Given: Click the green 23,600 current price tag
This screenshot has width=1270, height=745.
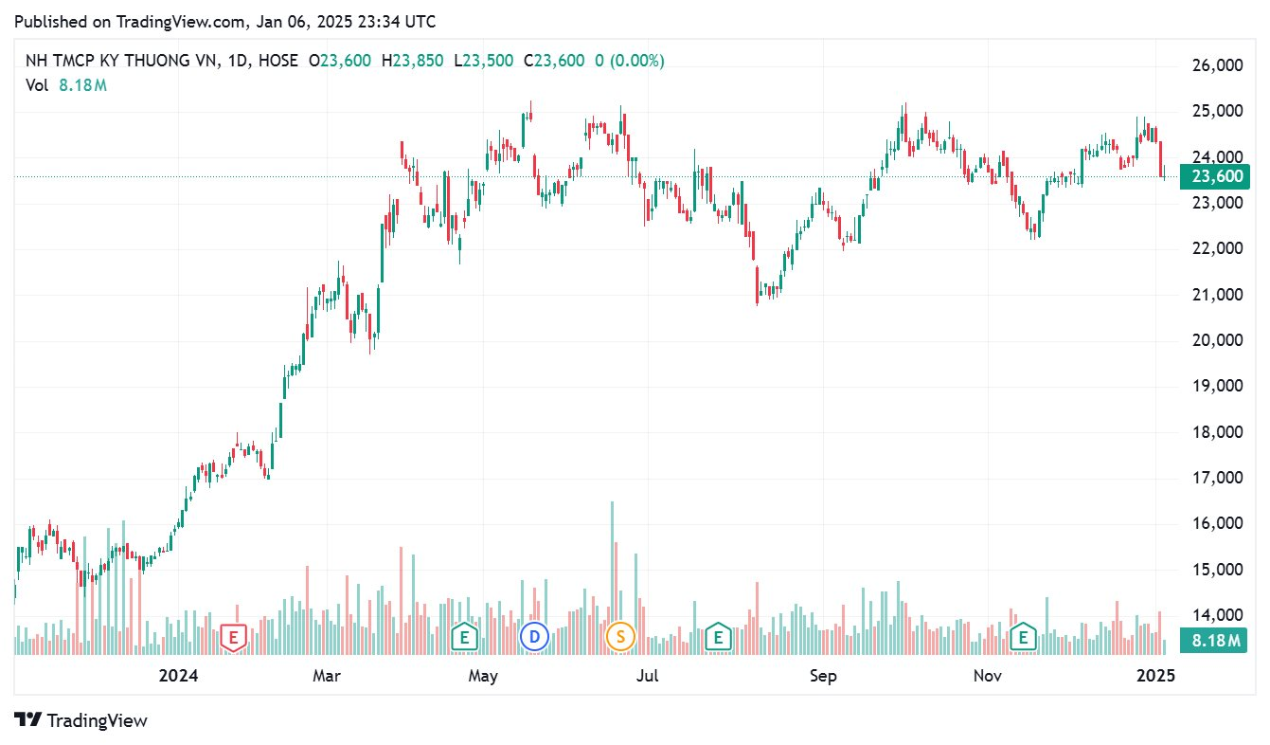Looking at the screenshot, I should [1214, 176].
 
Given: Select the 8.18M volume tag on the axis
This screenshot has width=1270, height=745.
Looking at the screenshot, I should [1214, 642].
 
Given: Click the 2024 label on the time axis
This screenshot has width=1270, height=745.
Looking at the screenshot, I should [178, 676].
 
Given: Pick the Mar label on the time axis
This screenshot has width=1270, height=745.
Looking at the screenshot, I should [327, 676].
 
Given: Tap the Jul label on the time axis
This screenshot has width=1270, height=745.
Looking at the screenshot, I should [648, 676].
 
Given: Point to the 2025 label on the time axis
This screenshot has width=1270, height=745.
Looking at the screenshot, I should [1155, 676].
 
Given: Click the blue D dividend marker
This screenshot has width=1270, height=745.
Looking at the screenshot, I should [534, 637].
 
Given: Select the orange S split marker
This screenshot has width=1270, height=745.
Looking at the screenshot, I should [620, 637].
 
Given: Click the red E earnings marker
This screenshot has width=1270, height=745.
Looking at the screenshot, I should [233, 637].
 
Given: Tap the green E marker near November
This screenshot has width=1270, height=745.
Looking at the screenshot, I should [1023, 637].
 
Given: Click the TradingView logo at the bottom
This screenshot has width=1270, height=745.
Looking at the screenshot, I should [81, 720].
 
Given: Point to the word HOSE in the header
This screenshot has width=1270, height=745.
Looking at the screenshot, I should [276, 61].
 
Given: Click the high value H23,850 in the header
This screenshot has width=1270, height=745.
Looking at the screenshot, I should [412, 61].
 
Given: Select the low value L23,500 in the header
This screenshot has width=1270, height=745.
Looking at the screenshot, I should [483, 61].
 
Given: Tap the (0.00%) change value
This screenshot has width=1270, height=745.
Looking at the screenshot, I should [636, 61].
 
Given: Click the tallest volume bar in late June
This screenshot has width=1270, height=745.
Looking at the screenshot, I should [612, 578].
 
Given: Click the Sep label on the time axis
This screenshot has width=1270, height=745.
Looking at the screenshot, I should [823, 676].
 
